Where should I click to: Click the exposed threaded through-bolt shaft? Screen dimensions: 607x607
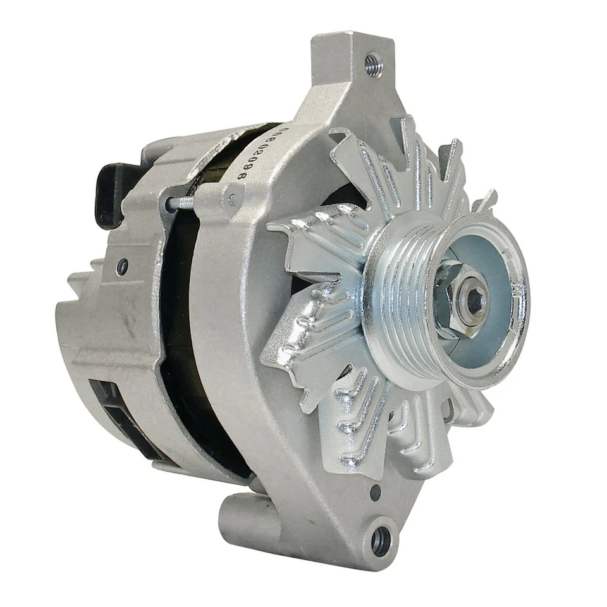tap(185, 202)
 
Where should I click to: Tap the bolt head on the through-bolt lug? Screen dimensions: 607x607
tap(232, 200)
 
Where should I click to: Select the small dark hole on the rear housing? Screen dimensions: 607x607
tap(122, 267)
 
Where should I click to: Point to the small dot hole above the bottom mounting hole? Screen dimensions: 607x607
tap(376, 491)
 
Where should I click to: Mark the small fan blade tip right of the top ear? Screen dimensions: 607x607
tap(484, 200)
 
